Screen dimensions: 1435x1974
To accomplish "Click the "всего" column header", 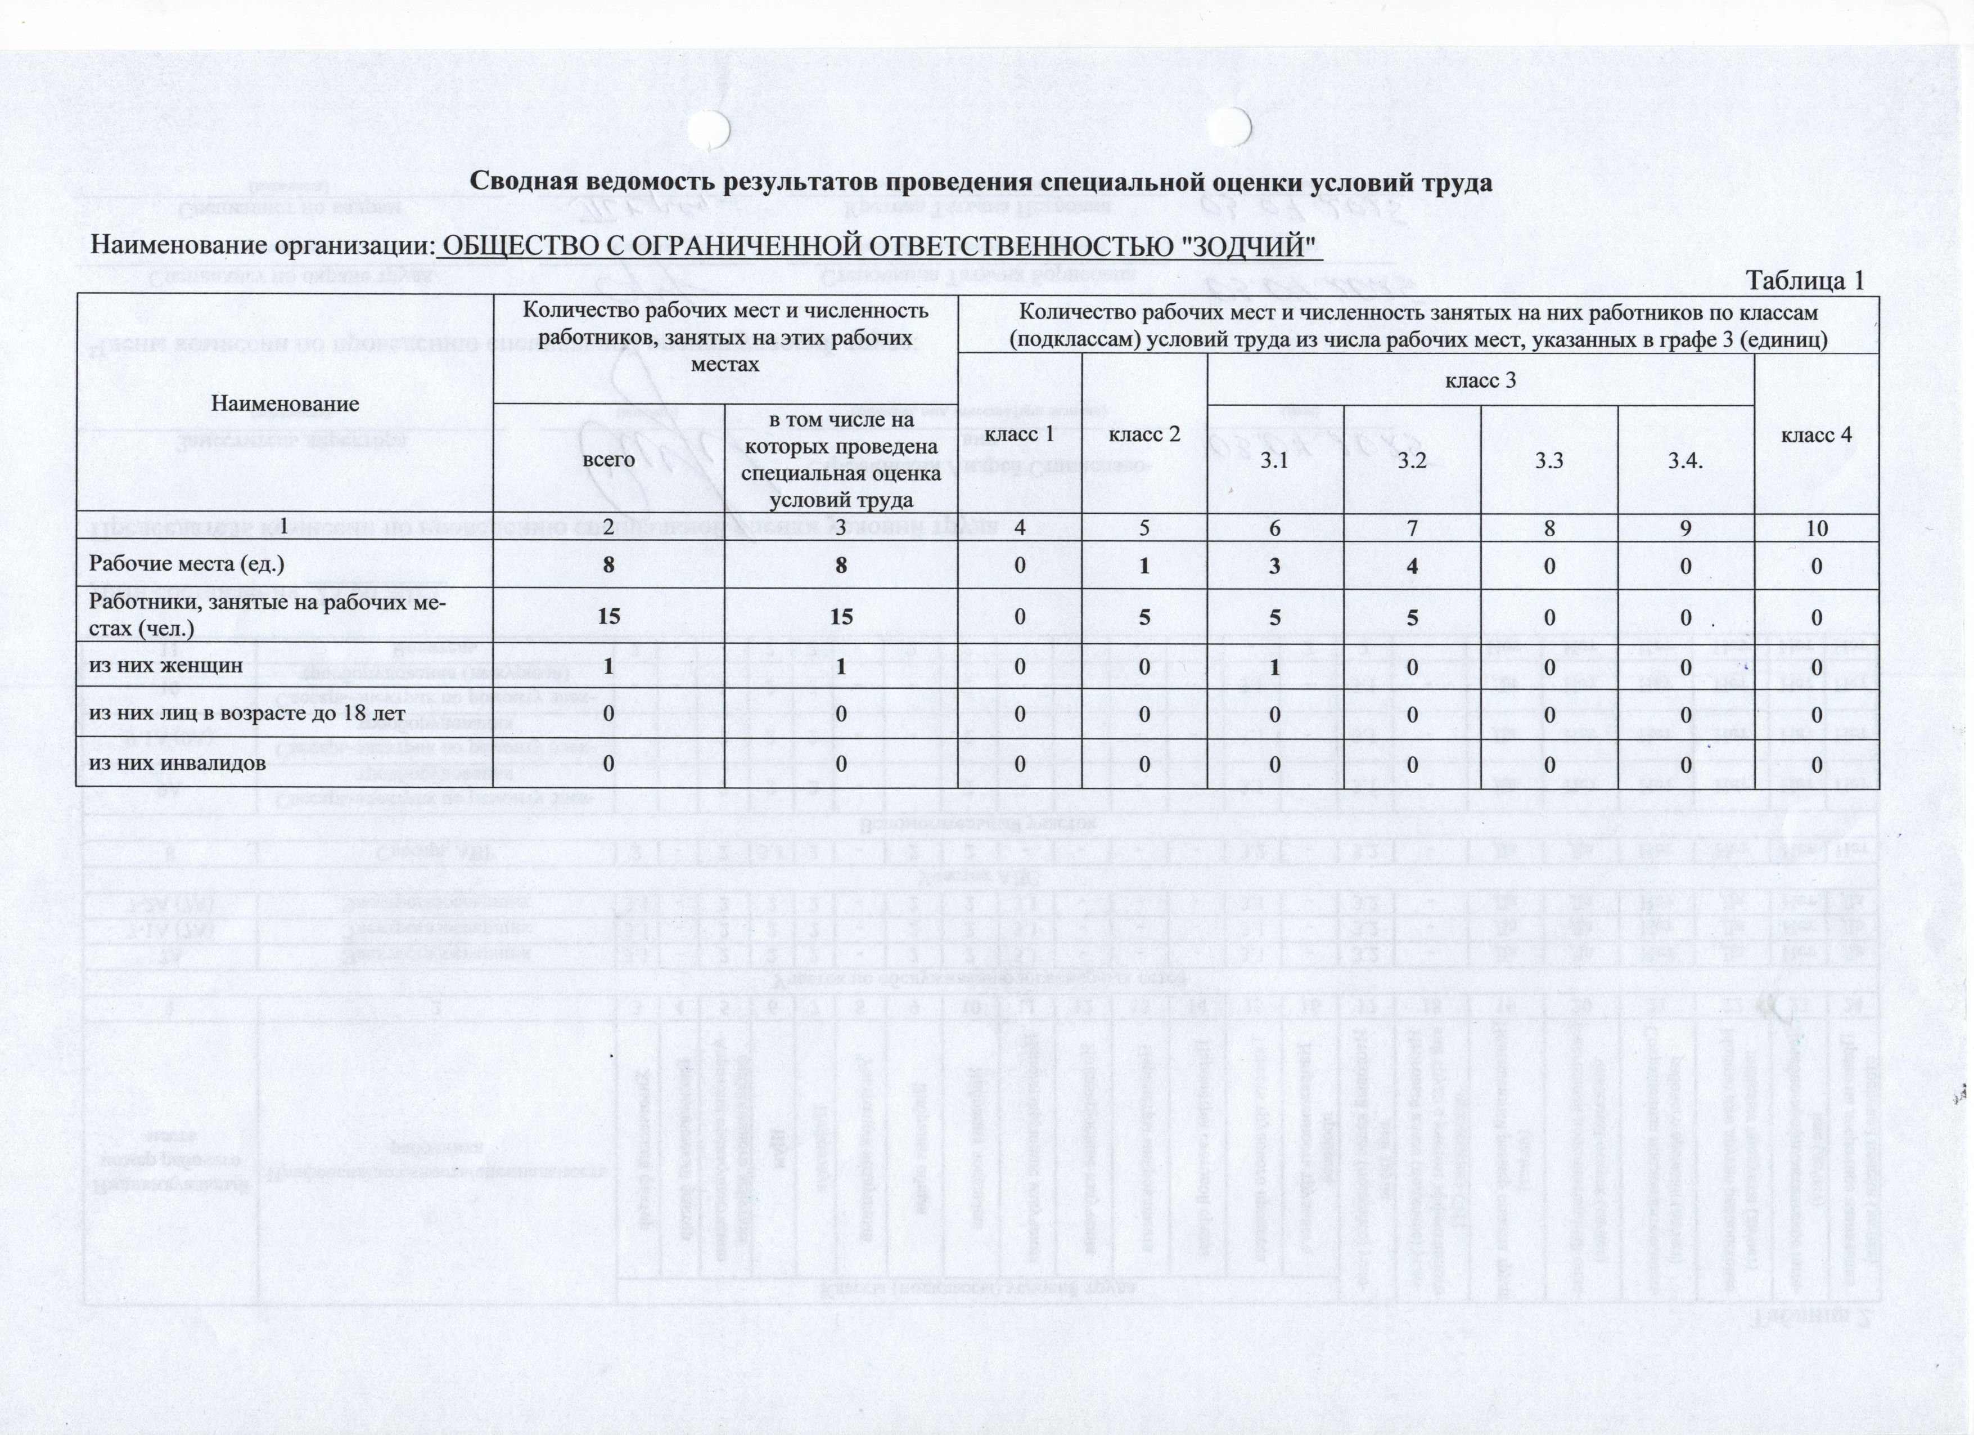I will (609, 458).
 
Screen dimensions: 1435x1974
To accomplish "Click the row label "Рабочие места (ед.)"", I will (187, 564).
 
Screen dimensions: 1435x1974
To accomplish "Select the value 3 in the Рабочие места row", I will (1274, 565).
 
